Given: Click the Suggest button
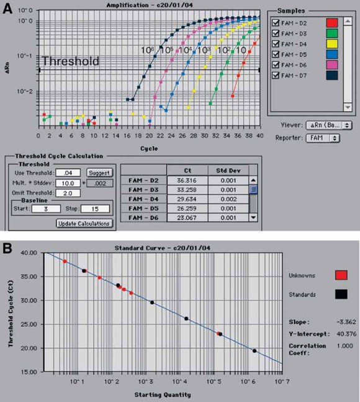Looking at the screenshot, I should point(99,172).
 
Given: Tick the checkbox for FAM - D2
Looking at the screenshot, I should point(276,24).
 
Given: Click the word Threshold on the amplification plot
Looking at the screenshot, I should point(70,61).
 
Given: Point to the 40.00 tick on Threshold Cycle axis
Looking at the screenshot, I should point(29,253).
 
